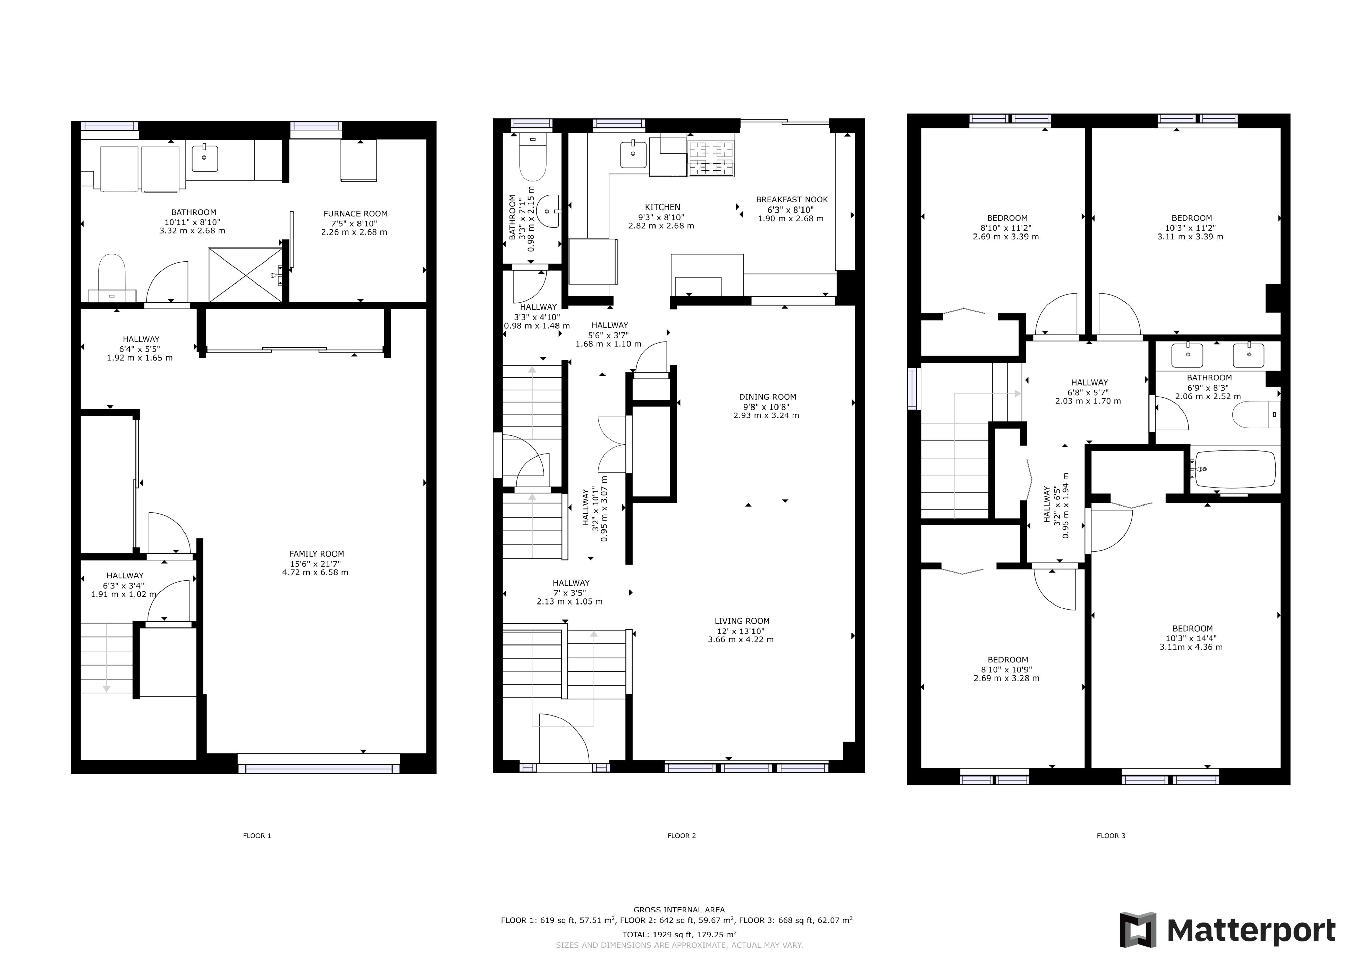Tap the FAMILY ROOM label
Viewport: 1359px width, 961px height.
click(x=317, y=554)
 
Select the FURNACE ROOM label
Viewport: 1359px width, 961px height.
click(x=355, y=214)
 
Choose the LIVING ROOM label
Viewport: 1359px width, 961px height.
click(x=742, y=621)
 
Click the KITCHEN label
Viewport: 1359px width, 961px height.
click(x=662, y=207)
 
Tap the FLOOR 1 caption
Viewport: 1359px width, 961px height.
click(x=257, y=836)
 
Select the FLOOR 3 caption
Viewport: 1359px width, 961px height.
click(x=1111, y=836)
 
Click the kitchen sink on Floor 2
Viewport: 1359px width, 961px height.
click(x=633, y=154)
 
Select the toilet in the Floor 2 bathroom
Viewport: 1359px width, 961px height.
click(x=533, y=157)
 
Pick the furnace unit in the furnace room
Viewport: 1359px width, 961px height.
click(x=359, y=161)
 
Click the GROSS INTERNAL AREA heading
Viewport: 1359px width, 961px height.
click(x=679, y=910)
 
